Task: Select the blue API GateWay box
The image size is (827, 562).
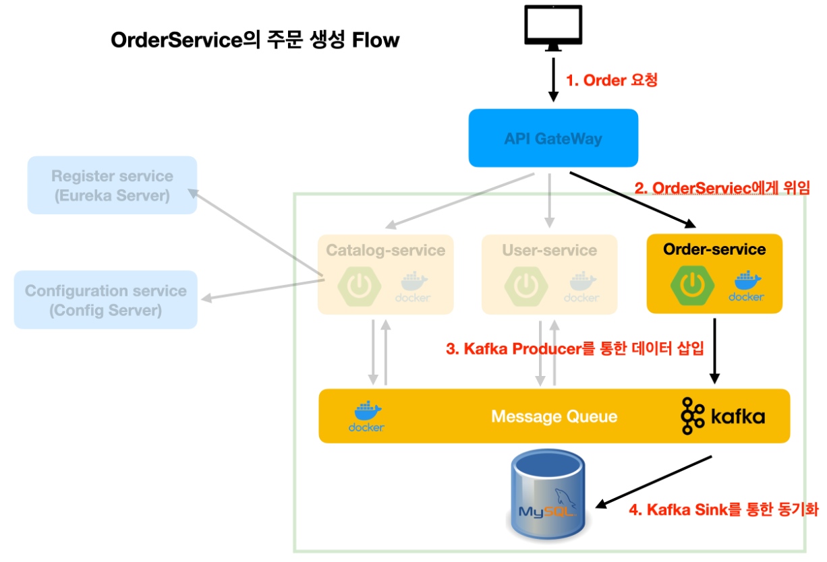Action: pyautogui.click(x=553, y=138)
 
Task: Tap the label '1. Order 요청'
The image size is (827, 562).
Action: pyautogui.click(x=611, y=80)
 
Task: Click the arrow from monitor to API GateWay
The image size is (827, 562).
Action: pyautogui.click(x=553, y=79)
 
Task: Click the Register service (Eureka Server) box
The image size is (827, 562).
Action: pyautogui.click(x=112, y=185)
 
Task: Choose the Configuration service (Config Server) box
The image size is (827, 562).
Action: pyautogui.click(x=106, y=300)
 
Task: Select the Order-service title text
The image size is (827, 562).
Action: pyautogui.click(x=714, y=249)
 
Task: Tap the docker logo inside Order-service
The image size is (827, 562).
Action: pyautogui.click(x=746, y=286)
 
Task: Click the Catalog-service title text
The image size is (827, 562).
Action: pyautogui.click(x=385, y=251)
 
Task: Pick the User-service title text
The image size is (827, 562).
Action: pyautogui.click(x=549, y=251)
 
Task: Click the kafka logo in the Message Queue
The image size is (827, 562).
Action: pyautogui.click(x=722, y=416)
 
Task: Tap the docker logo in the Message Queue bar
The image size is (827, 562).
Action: pyautogui.click(x=366, y=416)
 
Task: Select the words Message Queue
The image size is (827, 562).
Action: pyautogui.click(x=554, y=416)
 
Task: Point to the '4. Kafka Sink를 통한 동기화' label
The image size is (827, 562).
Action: pyautogui.click(x=724, y=509)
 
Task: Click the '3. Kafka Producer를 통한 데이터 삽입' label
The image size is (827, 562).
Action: pyautogui.click(x=575, y=348)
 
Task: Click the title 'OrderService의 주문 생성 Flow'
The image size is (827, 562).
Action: pyautogui.click(x=255, y=40)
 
